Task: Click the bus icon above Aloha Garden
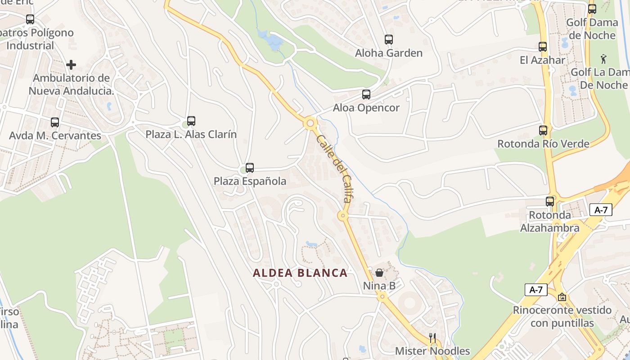[x=389, y=40]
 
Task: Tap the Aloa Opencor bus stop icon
[x=366, y=94]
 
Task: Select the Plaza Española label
[x=250, y=181]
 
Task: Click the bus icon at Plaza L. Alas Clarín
[x=191, y=121]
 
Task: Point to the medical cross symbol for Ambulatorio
[x=71, y=65]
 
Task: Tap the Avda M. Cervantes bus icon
[x=55, y=122]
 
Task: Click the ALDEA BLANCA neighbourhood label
[x=300, y=273]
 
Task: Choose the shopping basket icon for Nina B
[x=379, y=273]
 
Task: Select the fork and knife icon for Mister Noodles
[x=432, y=337]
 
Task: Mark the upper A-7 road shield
[x=601, y=210]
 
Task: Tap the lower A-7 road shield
[x=536, y=290]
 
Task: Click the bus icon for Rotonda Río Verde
[x=543, y=130]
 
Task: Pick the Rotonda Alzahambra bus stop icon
[x=550, y=201]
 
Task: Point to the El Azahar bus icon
[x=543, y=46]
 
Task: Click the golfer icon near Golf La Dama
[x=603, y=58]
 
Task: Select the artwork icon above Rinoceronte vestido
[x=562, y=297]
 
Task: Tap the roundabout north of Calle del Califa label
[x=310, y=123]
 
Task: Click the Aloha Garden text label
[x=389, y=53]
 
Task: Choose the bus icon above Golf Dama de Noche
[x=592, y=9]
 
